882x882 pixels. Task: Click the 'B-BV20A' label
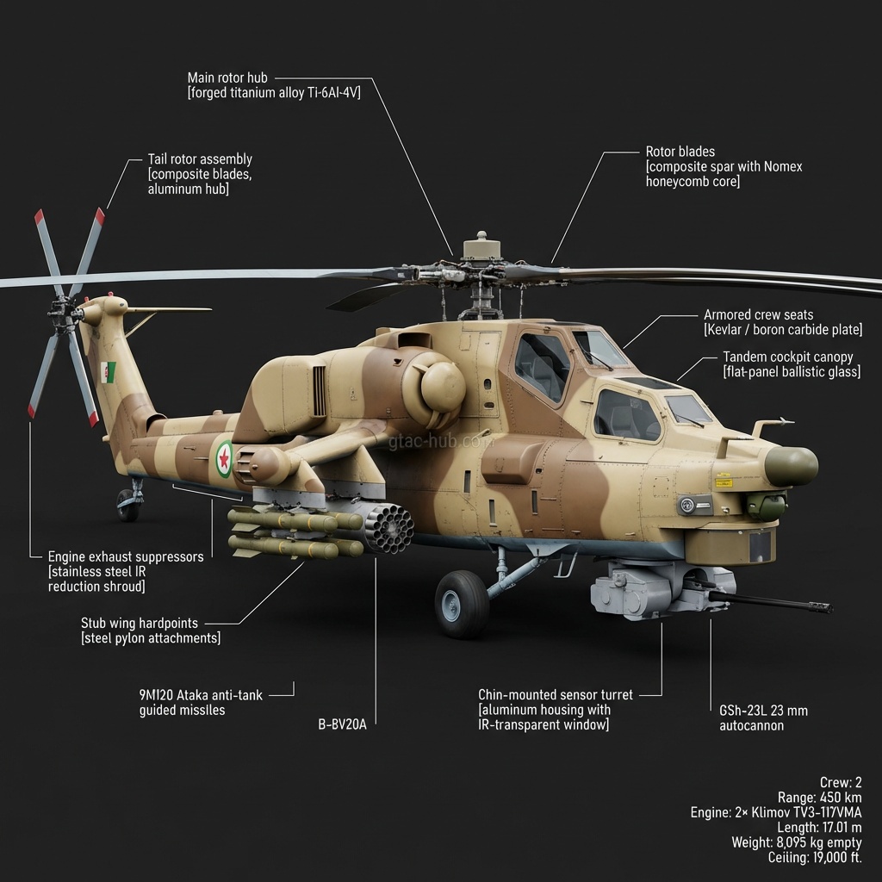point(342,724)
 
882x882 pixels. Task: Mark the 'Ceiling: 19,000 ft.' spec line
point(814,857)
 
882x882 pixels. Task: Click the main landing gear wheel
point(462,603)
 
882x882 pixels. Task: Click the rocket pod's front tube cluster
point(388,528)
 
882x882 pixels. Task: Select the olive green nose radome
point(790,466)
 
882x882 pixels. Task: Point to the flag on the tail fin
point(109,373)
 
